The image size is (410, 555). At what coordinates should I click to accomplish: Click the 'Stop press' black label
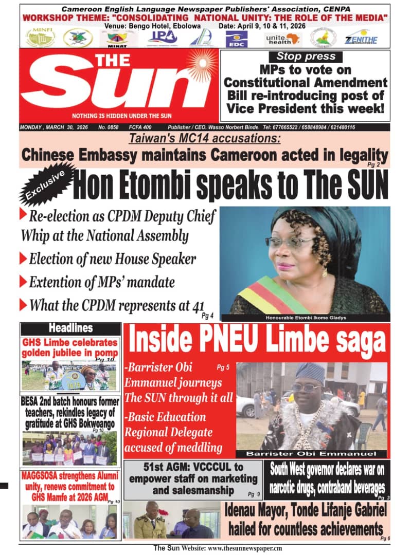306,57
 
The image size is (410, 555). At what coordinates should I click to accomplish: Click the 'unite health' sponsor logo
283,39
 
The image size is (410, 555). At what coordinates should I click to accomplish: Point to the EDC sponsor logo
237,39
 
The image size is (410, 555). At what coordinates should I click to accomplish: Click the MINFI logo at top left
40,37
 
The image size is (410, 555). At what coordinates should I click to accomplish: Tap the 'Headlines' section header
71,328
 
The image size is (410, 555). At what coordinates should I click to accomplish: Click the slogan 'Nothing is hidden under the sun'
122,116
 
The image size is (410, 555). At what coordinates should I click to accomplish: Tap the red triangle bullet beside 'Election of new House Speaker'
23,257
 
